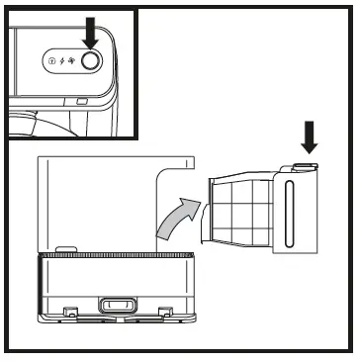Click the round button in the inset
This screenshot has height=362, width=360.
coord(91,60)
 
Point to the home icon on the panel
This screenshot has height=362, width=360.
coord(50,60)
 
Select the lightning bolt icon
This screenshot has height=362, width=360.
coord(61,60)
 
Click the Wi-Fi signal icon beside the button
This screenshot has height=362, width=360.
coord(72,60)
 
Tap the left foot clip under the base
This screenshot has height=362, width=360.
coord(69,314)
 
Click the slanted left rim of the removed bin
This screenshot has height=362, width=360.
coord(207,208)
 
